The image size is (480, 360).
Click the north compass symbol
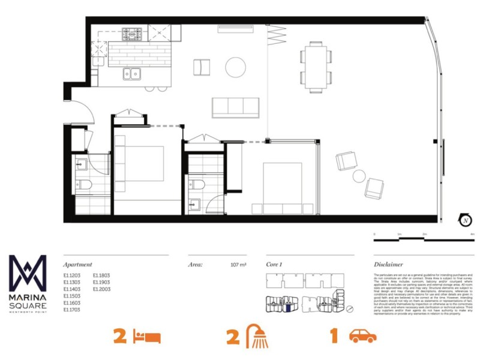tap(464, 220)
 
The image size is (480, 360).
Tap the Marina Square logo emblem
tap(28, 274)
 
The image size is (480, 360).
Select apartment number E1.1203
tap(72, 276)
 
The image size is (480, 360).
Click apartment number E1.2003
tap(101, 289)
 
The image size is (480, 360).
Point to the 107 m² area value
tap(239, 264)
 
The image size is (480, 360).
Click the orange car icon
tap(363, 336)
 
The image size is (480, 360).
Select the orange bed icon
tap(148, 336)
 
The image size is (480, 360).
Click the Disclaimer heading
tap(388, 264)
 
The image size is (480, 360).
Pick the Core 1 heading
tap(274, 264)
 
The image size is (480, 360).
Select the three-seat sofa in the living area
tap(236, 107)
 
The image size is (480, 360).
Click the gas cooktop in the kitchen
tap(133, 33)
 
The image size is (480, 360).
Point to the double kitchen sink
tap(132, 74)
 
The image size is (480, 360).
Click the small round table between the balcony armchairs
tap(359, 176)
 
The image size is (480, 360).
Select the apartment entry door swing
tap(82, 114)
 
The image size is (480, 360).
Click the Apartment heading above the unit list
tap(78, 264)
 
